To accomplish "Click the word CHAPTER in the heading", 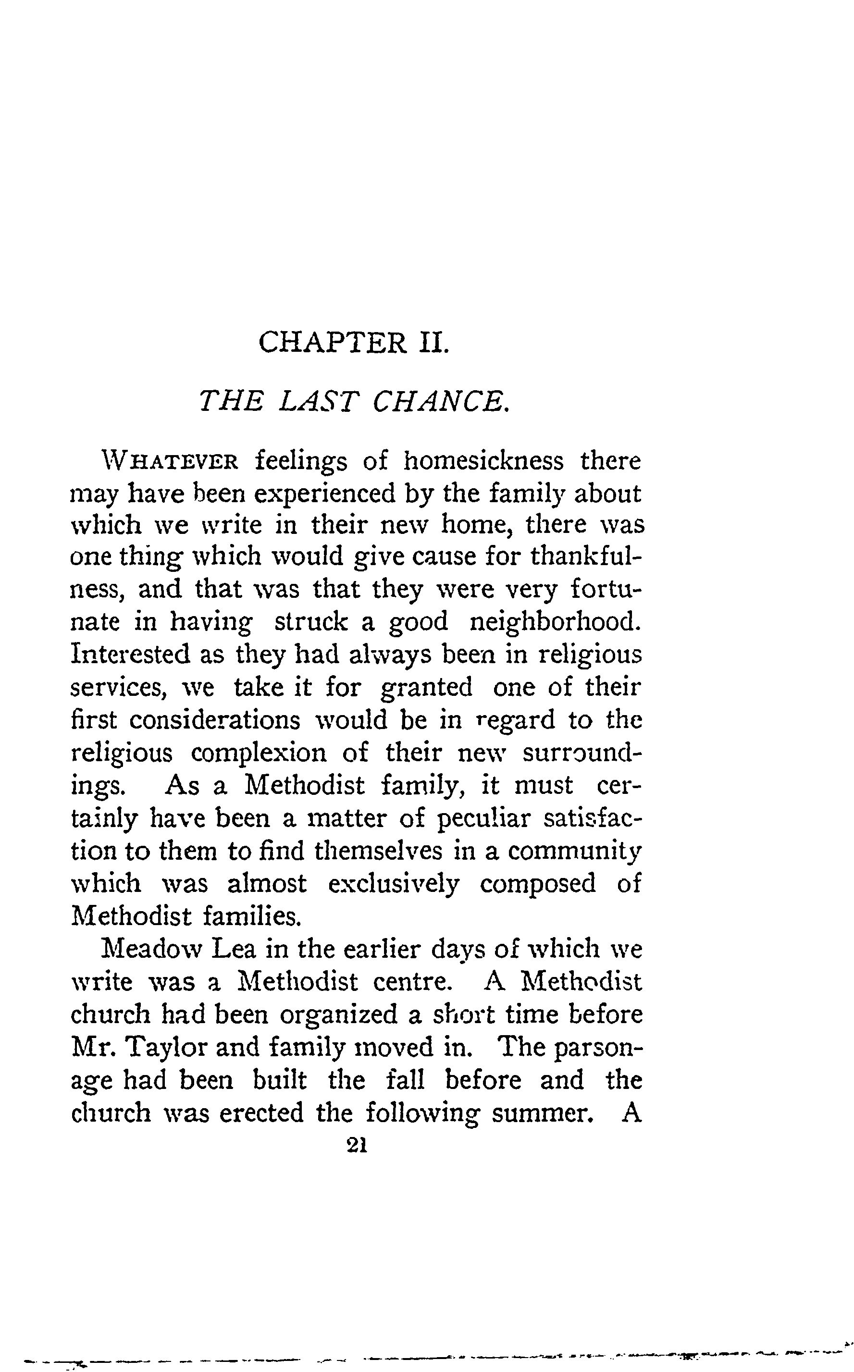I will (332, 342).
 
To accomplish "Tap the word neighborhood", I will (556, 622).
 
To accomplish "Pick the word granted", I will (426, 688).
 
